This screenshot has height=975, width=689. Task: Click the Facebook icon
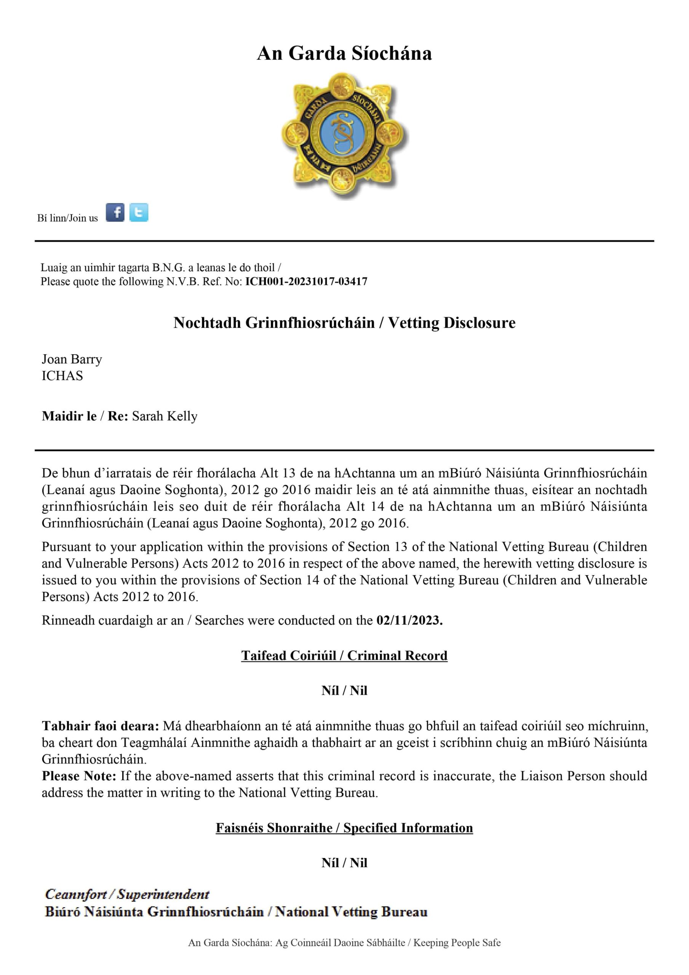pos(115,212)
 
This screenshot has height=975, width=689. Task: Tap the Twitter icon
pos(139,212)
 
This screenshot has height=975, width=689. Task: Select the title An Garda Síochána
pos(344,53)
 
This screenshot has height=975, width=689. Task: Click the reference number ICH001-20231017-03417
pos(306,281)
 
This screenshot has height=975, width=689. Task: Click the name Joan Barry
pos(72,359)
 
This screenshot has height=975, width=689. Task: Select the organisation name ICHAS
pos(62,376)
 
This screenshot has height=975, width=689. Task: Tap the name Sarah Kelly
pos(165,416)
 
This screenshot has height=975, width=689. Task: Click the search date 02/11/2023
pos(409,620)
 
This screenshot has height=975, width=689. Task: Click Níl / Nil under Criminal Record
pos(344,690)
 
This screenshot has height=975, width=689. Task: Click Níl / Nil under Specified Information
pos(344,863)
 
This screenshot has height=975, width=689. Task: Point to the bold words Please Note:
pos(79,776)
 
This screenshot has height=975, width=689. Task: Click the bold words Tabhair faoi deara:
pos(101,726)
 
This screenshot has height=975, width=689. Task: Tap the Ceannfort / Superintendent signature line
pos(127,894)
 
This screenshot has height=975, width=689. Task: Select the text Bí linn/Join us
pos(67,218)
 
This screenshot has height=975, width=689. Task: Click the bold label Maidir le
pos(69,416)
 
